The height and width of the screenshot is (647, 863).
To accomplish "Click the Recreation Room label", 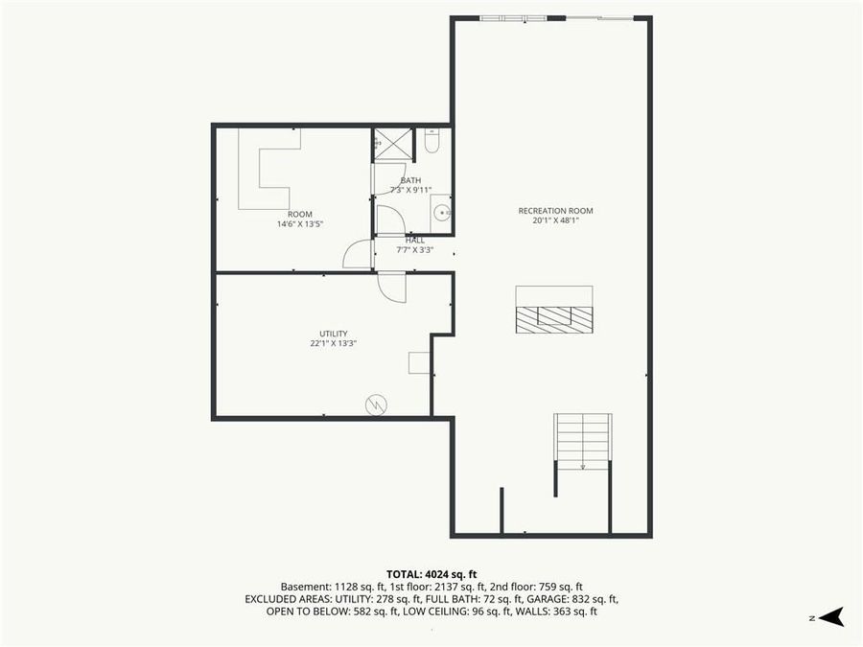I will click(555, 211).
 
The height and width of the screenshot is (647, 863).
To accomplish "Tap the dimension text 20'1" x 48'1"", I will click(555, 220).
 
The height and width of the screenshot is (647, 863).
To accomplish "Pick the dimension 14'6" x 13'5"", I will click(299, 224).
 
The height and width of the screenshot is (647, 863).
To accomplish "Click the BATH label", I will click(410, 180).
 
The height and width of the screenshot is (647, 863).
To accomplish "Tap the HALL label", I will click(415, 241).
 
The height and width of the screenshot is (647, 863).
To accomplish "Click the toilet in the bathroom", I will click(431, 142).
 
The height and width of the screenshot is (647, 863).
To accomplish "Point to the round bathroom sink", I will click(441, 212).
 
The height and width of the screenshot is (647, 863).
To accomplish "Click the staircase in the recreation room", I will click(582, 441).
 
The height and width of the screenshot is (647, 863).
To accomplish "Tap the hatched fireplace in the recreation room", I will click(554, 318).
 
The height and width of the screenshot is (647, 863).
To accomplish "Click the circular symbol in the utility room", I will click(376, 404).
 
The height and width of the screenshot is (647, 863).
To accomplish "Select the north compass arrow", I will click(830, 617).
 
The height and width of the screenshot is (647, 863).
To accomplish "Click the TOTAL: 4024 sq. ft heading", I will click(431, 574).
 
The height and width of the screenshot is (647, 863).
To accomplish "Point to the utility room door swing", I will click(392, 287).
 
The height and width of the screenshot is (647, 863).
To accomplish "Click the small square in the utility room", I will click(419, 362).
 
